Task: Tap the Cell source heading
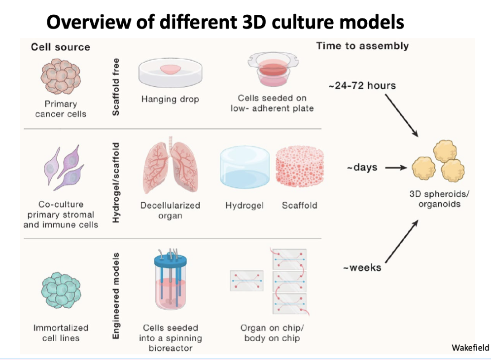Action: tap(61, 47)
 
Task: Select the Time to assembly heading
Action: tap(362, 46)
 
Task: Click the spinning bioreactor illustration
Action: tap(170, 286)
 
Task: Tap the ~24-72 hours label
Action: tap(362, 86)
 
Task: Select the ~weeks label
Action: tap(362, 268)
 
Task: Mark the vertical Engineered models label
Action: tap(116, 296)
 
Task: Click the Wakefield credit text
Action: tap(470, 348)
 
